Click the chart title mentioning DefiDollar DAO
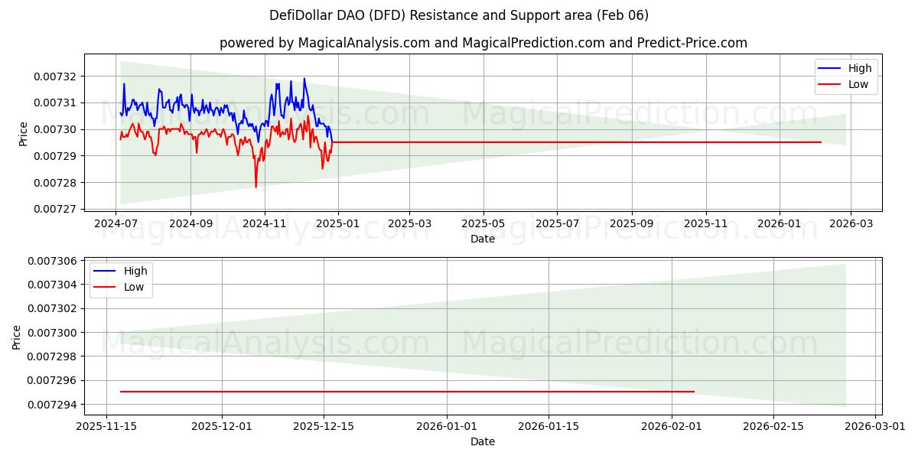[x=459, y=15]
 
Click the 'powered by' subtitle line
[x=483, y=43]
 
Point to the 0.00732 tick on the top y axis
[x=56, y=76]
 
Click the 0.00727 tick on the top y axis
[x=56, y=209]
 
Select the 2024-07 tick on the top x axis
[x=116, y=223]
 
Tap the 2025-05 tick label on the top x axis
[x=483, y=223]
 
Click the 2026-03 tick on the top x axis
[x=851, y=223]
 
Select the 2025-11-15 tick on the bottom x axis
[x=107, y=426]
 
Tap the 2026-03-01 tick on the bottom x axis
[x=874, y=426]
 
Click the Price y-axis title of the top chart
[x=23, y=134]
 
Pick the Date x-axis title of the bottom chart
[x=483, y=441]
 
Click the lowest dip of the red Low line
[x=256, y=187]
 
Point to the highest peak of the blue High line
[x=304, y=78]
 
